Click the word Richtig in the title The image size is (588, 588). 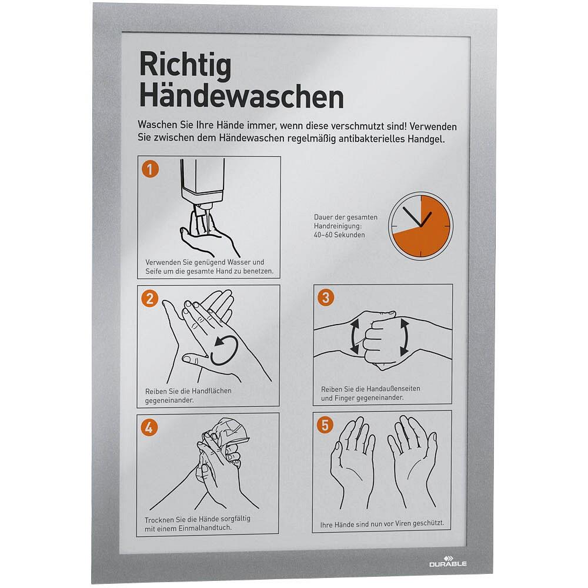click(x=185, y=66)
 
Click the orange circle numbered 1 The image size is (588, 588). click(x=150, y=169)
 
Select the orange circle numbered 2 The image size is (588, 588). click(x=149, y=299)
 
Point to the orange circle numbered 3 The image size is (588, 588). click(x=326, y=298)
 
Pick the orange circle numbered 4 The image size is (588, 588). click(x=149, y=427)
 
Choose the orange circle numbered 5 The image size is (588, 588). click(x=325, y=425)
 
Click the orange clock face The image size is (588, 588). click(x=421, y=226)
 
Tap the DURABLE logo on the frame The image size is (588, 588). click(x=447, y=562)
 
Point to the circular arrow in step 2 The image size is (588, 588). click(x=224, y=350)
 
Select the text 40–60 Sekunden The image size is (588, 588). click(x=339, y=235)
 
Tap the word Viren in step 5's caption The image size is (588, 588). click(x=401, y=523)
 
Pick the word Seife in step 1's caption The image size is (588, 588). click(x=153, y=271)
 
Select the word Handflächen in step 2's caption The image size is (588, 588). click(x=211, y=391)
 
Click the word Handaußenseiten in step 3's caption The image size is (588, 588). click(x=393, y=389)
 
